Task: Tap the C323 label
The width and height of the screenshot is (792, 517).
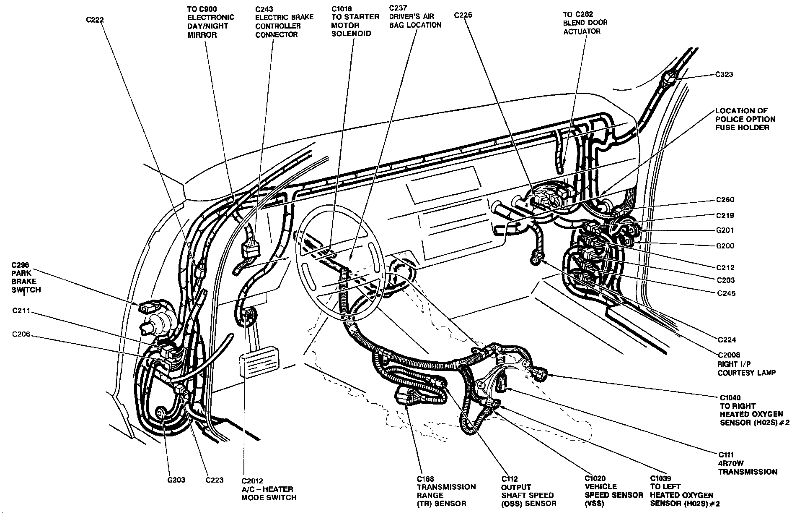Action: pyautogui.click(x=724, y=75)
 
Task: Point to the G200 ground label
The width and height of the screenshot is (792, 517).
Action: pyautogui.click(x=725, y=246)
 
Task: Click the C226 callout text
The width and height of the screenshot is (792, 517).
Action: pyautogui.click(x=463, y=15)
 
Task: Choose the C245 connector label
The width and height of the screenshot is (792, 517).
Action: pyautogui.click(x=726, y=293)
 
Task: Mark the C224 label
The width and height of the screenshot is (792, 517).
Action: pyautogui.click(x=727, y=340)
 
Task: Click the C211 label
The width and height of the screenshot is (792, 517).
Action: pyautogui.click(x=22, y=311)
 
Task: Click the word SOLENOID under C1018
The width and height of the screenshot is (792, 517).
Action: pyautogui.click(x=351, y=34)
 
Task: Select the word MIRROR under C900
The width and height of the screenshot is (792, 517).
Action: pyautogui.click(x=202, y=35)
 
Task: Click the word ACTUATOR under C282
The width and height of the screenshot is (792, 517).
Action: pyautogui.click(x=582, y=31)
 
